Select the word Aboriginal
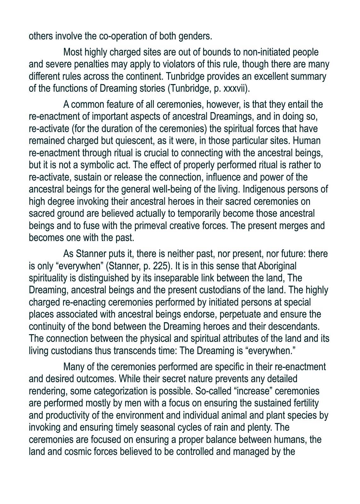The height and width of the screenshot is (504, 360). tap(277, 266)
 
